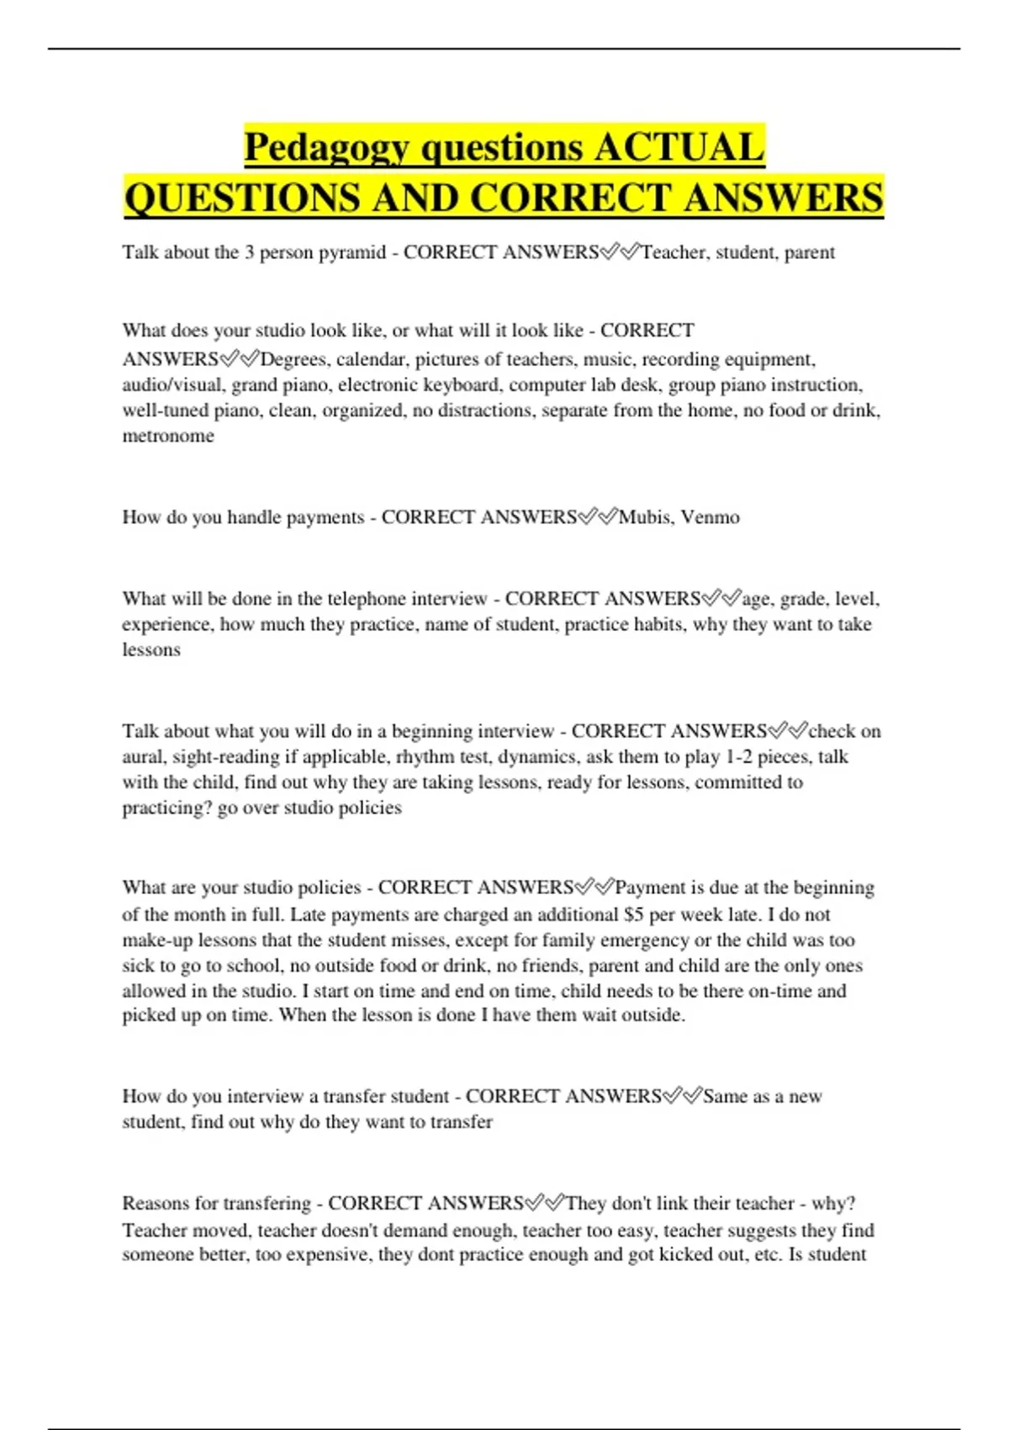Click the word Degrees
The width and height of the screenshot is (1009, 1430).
(x=293, y=360)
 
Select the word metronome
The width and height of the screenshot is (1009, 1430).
(x=168, y=436)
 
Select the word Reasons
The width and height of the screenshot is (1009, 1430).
(x=156, y=1204)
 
